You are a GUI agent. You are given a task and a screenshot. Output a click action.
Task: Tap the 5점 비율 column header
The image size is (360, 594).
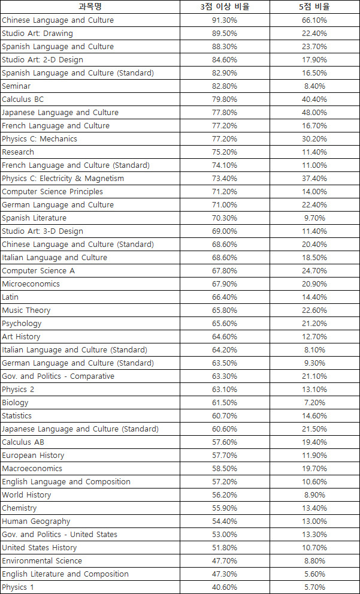click(314, 7)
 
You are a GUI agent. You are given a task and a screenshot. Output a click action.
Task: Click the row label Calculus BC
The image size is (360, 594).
click(23, 99)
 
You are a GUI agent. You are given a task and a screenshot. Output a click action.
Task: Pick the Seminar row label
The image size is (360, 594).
click(16, 86)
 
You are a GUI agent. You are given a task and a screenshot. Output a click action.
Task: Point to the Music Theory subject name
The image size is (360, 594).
click(26, 310)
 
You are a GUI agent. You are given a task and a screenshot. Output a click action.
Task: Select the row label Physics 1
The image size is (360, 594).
click(18, 587)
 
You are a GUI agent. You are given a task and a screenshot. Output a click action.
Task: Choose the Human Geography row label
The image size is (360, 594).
click(36, 521)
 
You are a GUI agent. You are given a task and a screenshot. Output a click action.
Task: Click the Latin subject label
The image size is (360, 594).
click(10, 297)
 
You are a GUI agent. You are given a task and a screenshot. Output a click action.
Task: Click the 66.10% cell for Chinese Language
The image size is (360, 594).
click(314, 20)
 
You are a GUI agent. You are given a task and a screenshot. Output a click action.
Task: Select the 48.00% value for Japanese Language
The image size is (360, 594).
click(314, 113)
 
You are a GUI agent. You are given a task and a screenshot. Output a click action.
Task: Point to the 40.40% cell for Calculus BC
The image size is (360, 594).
click(314, 99)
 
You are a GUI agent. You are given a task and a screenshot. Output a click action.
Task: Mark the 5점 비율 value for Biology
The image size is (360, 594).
click(314, 403)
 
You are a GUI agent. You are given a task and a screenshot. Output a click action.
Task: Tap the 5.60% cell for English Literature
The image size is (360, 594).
click(314, 574)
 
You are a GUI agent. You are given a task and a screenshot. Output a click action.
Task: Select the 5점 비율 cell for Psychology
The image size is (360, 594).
click(314, 324)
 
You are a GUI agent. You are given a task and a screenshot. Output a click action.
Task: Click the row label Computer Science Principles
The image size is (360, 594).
click(52, 192)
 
